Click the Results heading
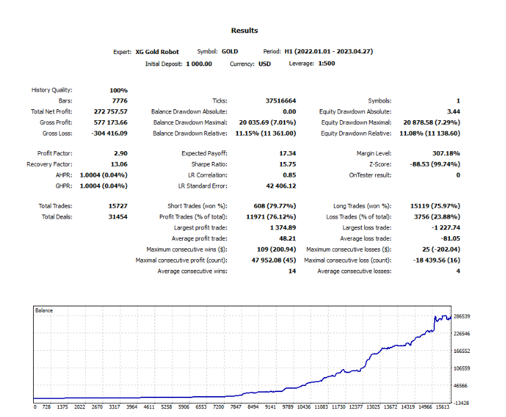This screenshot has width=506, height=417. (x=244, y=30)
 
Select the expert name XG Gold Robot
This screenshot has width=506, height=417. (x=157, y=52)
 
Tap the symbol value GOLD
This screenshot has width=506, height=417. (x=230, y=52)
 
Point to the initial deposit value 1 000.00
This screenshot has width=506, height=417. (x=199, y=64)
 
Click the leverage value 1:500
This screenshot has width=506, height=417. (x=327, y=63)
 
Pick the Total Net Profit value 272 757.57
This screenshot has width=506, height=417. (x=111, y=112)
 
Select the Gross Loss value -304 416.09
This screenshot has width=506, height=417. (x=109, y=134)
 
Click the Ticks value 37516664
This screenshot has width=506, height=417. (x=281, y=101)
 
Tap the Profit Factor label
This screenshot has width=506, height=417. (x=55, y=153)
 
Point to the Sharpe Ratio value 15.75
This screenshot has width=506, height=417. (x=287, y=164)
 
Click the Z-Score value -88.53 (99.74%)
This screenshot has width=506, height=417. (x=435, y=164)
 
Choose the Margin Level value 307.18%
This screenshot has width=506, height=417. (x=447, y=153)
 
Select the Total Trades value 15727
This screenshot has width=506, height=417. (x=118, y=206)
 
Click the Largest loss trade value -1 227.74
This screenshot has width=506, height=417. (x=446, y=228)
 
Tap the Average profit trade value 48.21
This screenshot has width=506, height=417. (x=287, y=238)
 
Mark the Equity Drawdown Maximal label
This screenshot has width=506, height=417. (x=356, y=123)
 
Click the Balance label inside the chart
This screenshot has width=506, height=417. (x=44, y=310)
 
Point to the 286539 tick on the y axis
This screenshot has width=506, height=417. (x=461, y=316)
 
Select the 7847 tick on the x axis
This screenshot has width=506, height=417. (x=235, y=407)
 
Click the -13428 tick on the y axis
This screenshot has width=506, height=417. (x=461, y=403)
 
